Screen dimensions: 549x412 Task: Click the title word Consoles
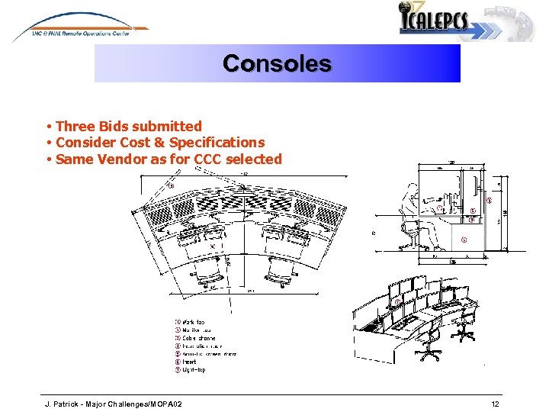277,63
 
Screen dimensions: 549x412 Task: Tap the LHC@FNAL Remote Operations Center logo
80,30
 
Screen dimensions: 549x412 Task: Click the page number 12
495,403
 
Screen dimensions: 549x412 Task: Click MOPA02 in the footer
165,403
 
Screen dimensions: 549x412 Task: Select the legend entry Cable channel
197,338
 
